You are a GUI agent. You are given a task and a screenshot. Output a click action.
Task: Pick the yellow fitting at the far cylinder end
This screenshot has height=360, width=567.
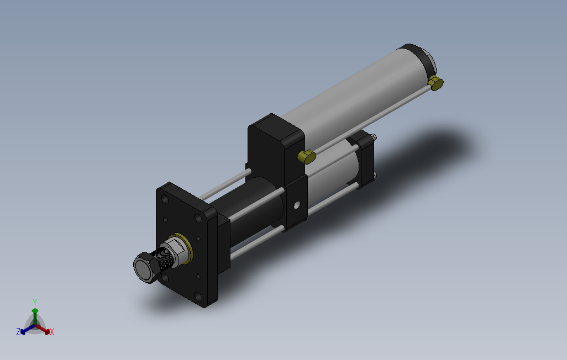437,83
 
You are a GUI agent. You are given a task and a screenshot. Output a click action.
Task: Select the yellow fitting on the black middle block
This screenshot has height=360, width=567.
306,157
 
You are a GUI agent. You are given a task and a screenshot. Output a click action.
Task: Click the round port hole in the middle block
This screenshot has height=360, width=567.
297,205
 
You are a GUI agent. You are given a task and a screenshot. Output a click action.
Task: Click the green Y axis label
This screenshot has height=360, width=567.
34,301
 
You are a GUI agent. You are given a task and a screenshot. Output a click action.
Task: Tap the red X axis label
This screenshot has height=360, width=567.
51,332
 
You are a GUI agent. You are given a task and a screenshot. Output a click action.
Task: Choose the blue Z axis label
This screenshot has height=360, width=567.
18,331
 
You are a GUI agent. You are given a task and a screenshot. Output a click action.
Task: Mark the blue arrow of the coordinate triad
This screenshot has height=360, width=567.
25,330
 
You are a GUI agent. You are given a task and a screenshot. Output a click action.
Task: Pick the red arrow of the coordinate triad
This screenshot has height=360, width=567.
44,330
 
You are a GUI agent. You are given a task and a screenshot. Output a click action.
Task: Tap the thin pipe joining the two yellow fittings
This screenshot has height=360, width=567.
370,119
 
